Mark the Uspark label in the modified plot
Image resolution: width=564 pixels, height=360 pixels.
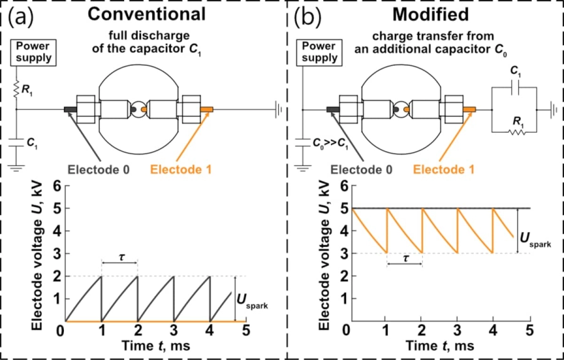[x=536, y=240]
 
